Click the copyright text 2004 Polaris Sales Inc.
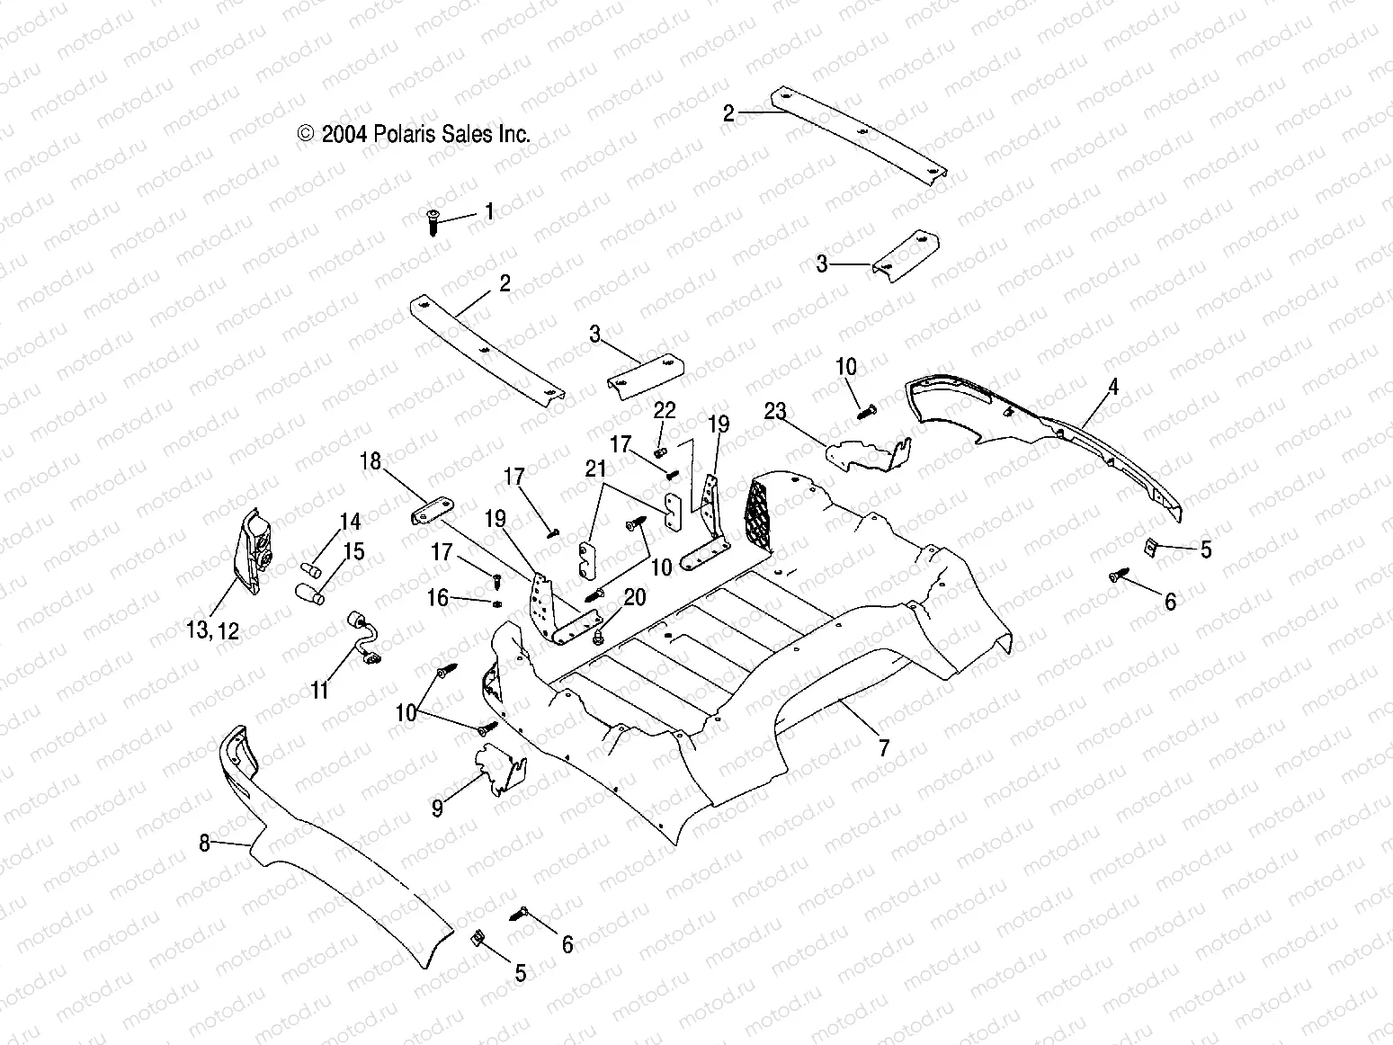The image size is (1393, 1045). [414, 134]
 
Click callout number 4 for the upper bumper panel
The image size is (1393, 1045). [1113, 388]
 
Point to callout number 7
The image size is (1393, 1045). [884, 747]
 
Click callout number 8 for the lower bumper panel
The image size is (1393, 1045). [205, 843]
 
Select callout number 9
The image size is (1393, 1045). [437, 808]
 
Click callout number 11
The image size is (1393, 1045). [320, 690]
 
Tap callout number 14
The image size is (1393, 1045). [350, 522]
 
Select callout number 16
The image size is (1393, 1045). [437, 598]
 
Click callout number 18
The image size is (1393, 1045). [371, 462]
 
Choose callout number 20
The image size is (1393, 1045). [635, 598]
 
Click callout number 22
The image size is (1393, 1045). [665, 410]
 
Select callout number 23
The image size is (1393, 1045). [775, 412]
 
